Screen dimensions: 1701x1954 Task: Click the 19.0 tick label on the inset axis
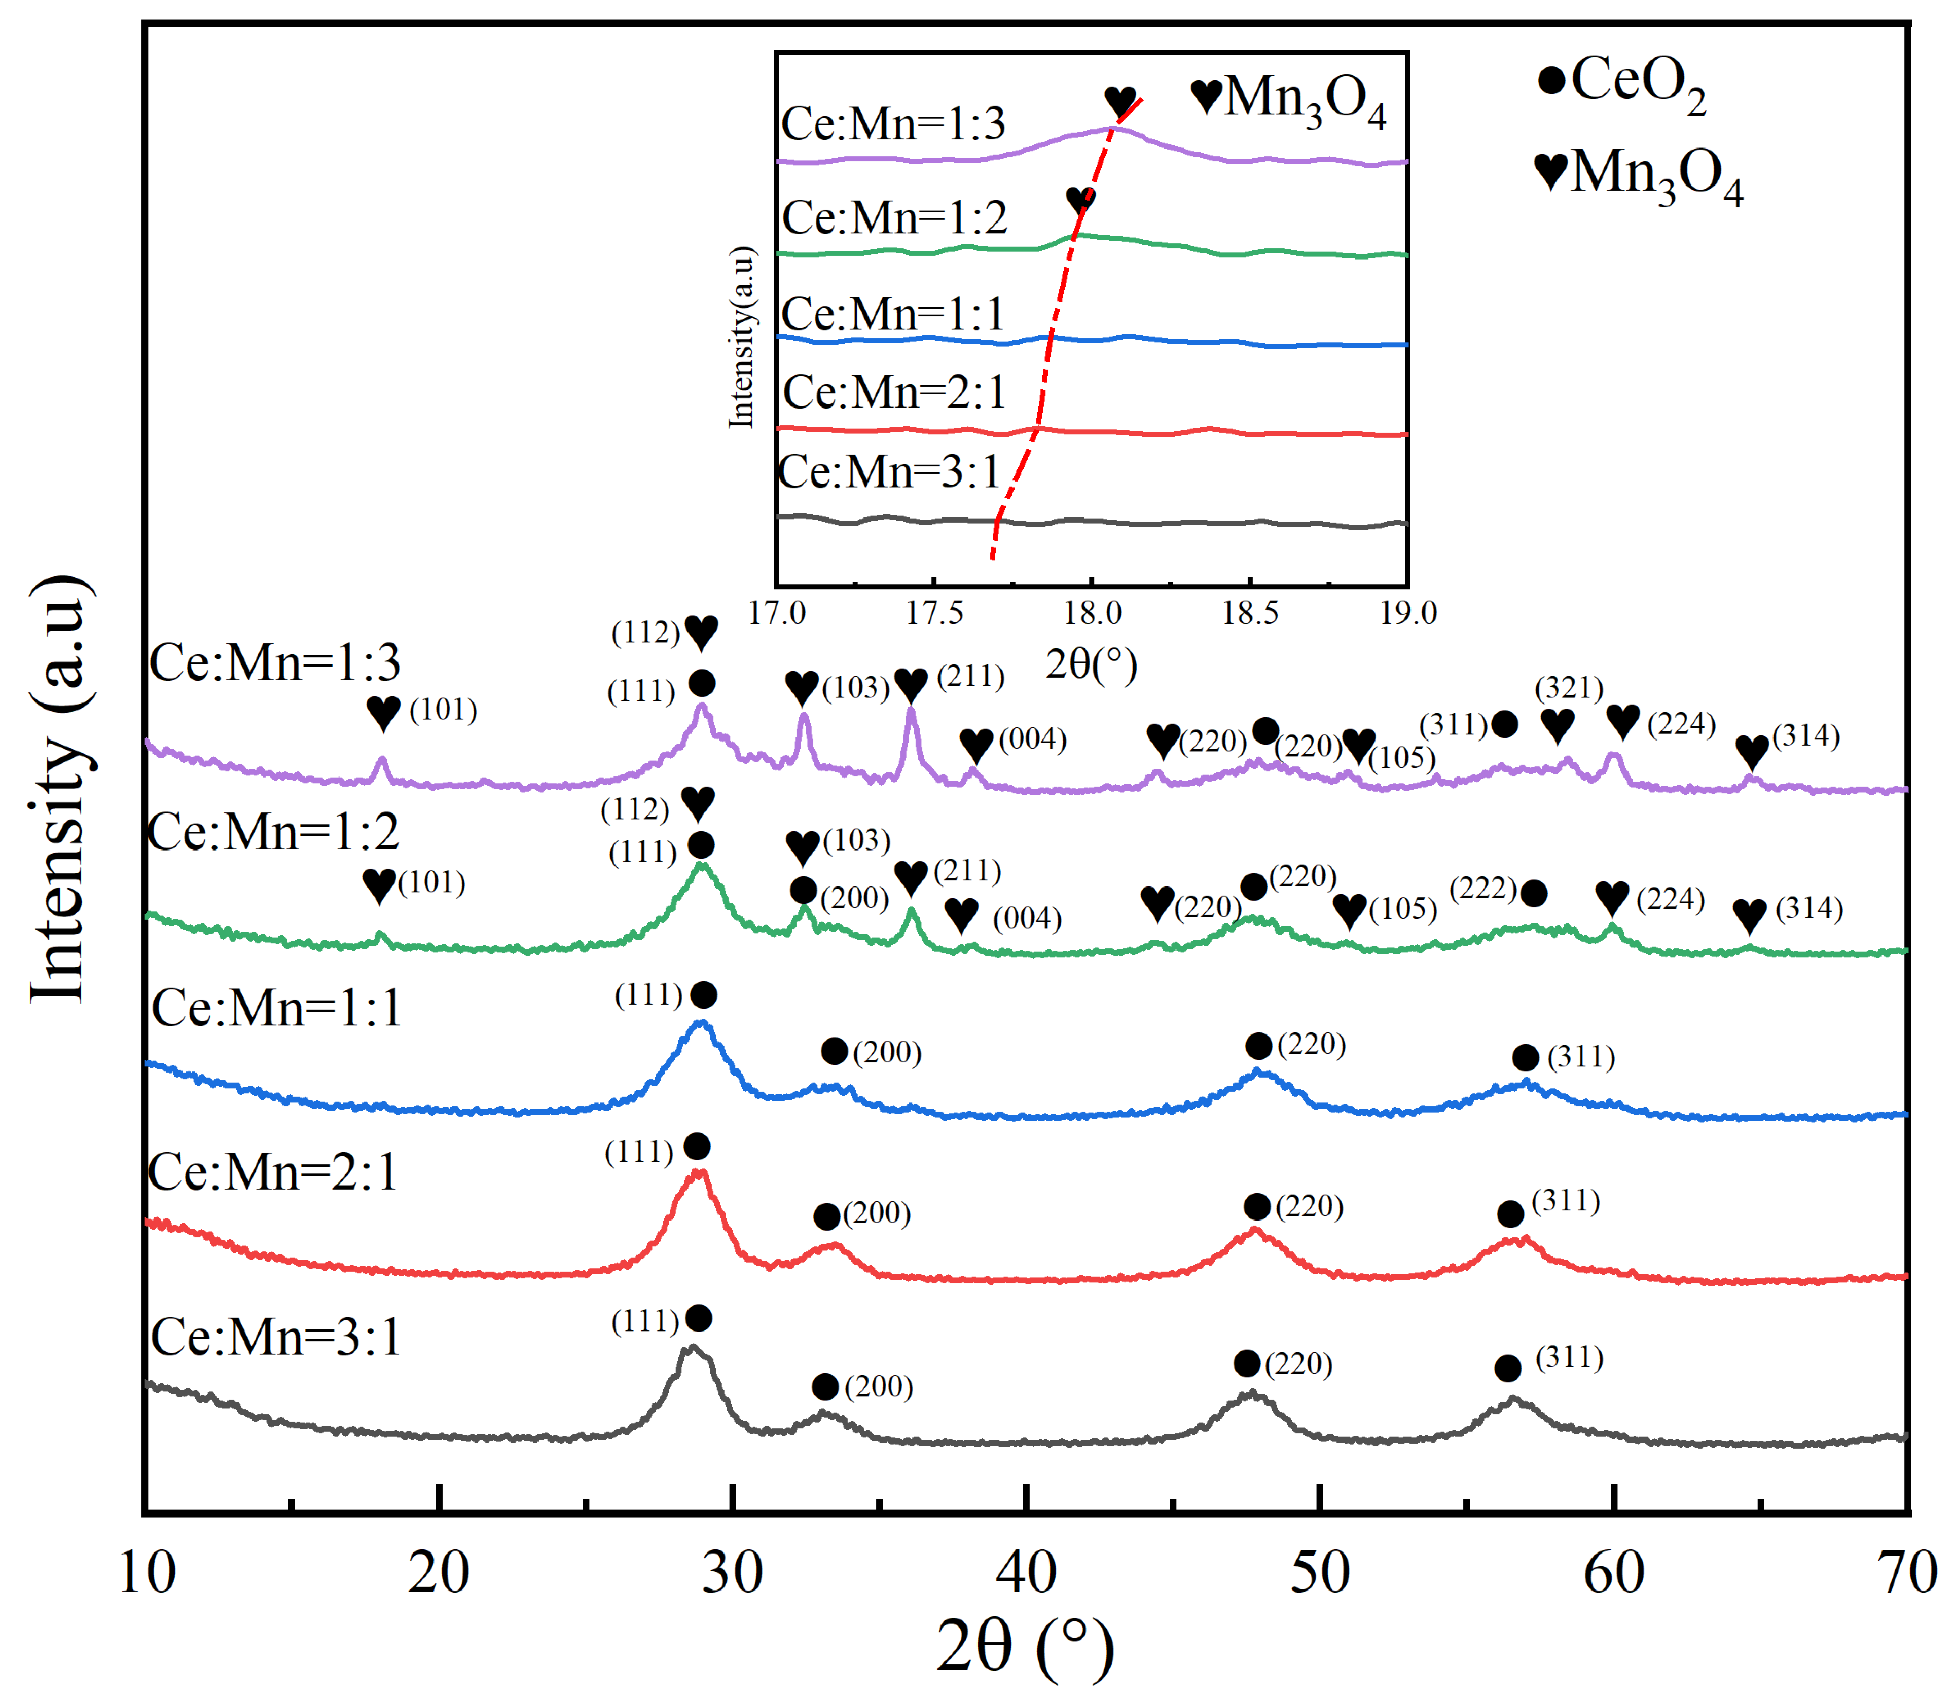tap(1408, 613)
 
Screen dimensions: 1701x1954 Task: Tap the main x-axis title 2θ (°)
tap(1026, 1647)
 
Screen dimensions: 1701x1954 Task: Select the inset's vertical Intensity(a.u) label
tap(742, 337)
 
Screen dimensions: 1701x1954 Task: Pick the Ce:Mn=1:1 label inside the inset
tap(892, 313)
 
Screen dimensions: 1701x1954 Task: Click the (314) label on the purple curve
tap(1807, 735)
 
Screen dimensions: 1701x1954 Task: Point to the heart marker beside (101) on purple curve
tap(384, 712)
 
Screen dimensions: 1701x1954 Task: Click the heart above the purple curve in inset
tap(1120, 100)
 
